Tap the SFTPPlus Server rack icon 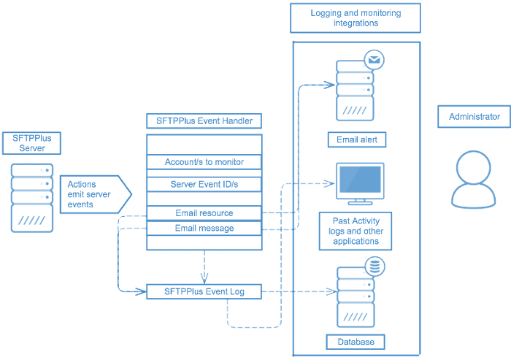32,198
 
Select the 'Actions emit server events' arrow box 93,194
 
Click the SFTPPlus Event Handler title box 204,121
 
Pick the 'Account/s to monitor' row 204,161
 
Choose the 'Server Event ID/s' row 204,184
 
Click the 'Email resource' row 204,213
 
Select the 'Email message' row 204,229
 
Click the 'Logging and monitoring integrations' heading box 356,18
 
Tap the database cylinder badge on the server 374,267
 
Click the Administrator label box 474,117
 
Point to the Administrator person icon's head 474,166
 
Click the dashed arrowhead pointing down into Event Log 204,278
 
